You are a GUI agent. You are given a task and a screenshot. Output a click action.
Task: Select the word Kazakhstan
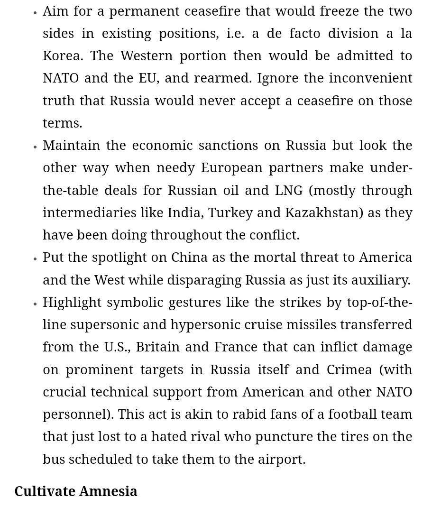click(x=324, y=213)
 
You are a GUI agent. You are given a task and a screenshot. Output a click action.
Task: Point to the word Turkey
click(x=230, y=213)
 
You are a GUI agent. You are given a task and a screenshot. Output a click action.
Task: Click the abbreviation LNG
click(x=289, y=191)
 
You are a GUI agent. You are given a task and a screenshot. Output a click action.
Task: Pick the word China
click(x=189, y=258)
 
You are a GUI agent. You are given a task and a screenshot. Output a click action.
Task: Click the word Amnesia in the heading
click(x=109, y=491)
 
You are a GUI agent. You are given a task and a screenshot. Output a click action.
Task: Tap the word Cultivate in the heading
click(x=45, y=491)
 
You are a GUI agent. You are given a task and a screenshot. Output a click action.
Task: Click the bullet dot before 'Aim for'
click(x=35, y=13)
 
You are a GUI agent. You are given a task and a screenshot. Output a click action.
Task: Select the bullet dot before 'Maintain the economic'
click(x=35, y=147)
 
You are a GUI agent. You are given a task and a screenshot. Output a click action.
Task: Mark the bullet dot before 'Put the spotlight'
click(x=35, y=259)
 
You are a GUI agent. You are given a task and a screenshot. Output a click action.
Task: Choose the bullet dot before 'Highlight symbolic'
click(x=35, y=304)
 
